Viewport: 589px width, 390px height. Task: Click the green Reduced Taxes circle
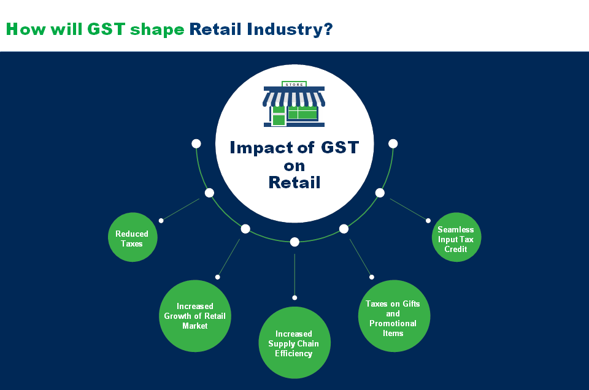click(x=133, y=238)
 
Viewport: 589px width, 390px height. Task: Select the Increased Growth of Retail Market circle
click(x=194, y=316)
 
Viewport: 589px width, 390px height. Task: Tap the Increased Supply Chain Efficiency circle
click(x=294, y=343)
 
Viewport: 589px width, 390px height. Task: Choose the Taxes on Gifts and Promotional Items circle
click(x=393, y=317)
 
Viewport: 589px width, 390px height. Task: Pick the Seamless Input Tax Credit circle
click(x=455, y=239)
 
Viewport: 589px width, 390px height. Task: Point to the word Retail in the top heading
click(x=217, y=29)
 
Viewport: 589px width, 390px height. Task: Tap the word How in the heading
click(x=24, y=29)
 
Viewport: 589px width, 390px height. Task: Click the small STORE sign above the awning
click(x=294, y=84)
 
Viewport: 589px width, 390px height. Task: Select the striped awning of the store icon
click(x=294, y=97)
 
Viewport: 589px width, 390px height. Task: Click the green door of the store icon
click(x=279, y=116)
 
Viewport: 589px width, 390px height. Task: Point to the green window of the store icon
click(x=302, y=113)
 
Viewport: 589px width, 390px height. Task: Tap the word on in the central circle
click(x=294, y=165)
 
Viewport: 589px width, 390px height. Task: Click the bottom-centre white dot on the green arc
click(x=294, y=242)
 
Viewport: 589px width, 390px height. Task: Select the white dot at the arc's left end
click(x=196, y=143)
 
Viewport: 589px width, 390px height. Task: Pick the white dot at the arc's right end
click(x=393, y=143)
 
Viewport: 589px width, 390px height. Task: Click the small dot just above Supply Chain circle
click(x=294, y=297)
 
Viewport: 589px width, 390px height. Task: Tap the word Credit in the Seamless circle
click(x=456, y=249)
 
